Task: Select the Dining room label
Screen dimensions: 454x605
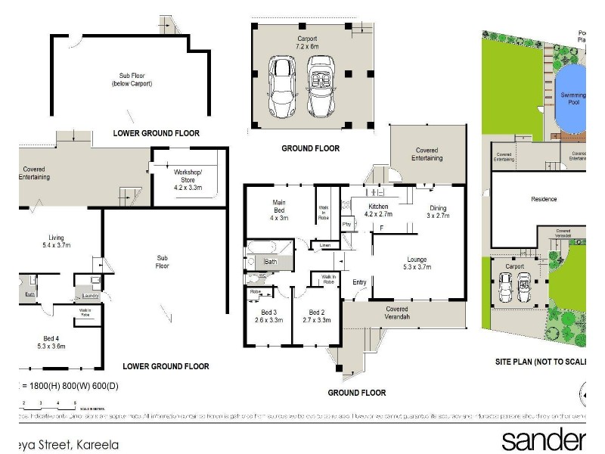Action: [438, 212]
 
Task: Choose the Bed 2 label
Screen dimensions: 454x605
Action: [315, 316]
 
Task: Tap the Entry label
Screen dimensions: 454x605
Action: [358, 283]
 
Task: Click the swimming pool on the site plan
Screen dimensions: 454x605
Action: [571, 97]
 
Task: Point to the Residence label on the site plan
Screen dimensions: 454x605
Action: [543, 199]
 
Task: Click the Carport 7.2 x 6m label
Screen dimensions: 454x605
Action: [306, 42]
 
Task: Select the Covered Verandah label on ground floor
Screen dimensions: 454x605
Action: [396, 313]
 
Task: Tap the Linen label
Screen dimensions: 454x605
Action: [325, 245]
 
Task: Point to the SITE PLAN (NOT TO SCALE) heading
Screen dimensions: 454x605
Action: [541, 362]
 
